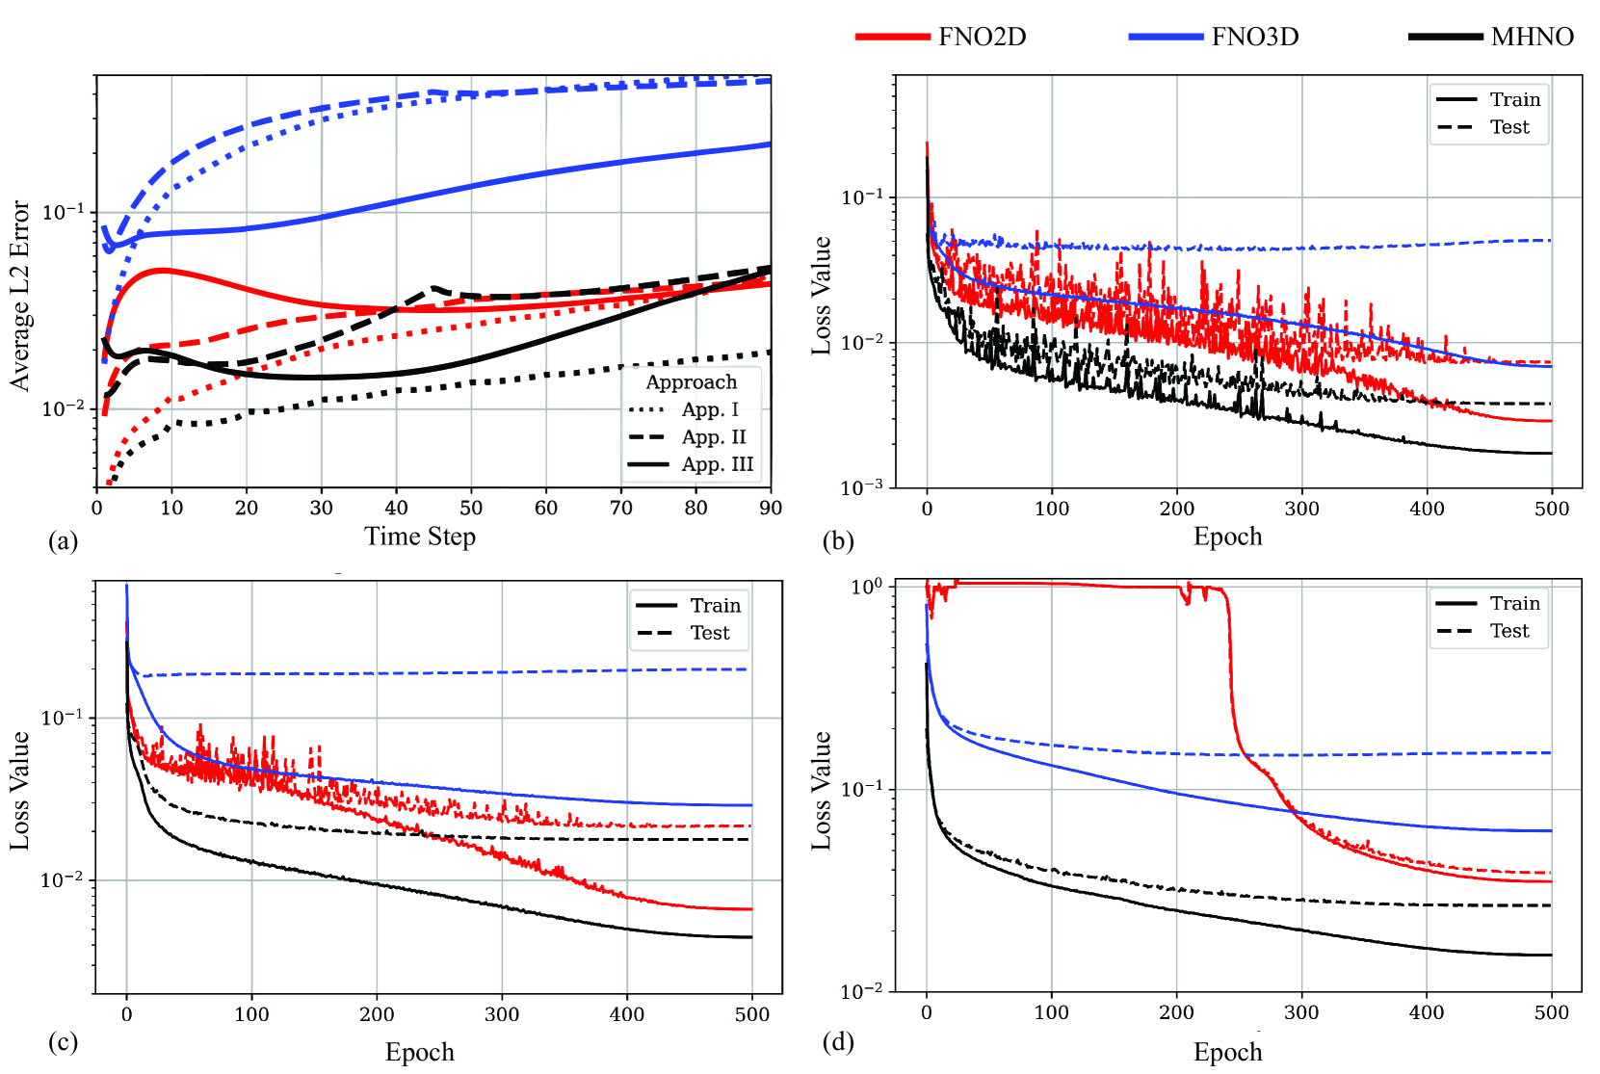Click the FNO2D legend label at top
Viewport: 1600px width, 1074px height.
(x=982, y=37)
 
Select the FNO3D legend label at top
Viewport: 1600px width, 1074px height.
(x=1254, y=37)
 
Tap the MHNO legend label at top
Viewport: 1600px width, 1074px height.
(x=1532, y=37)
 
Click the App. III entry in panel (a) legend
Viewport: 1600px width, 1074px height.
(x=717, y=464)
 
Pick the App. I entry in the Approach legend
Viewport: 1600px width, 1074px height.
(x=710, y=409)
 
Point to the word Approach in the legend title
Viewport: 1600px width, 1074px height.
(x=691, y=382)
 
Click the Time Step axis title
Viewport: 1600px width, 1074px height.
(x=420, y=537)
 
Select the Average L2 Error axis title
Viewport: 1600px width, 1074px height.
(x=20, y=296)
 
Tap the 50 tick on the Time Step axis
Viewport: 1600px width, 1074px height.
(x=471, y=508)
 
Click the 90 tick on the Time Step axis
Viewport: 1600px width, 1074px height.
(x=770, y=508)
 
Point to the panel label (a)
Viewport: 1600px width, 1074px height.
(x=63, y=541)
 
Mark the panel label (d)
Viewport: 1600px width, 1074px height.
(x=837, y=1042)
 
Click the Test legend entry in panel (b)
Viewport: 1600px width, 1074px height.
(x=1508, y=127)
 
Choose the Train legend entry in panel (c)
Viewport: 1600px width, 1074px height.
(x=715, y=605)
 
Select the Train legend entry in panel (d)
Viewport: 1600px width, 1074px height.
(x=1514, y=603)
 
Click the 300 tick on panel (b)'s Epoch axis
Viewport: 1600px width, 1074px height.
(x=1301, y=509)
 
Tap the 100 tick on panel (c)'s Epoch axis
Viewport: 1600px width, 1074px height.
(x=251, y=1014)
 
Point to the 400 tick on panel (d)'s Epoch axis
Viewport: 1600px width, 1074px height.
(x=1427, y=1012)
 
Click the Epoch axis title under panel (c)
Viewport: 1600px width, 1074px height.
(x=420, y=1052)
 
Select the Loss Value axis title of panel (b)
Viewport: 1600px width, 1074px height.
(x=821, y=296)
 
